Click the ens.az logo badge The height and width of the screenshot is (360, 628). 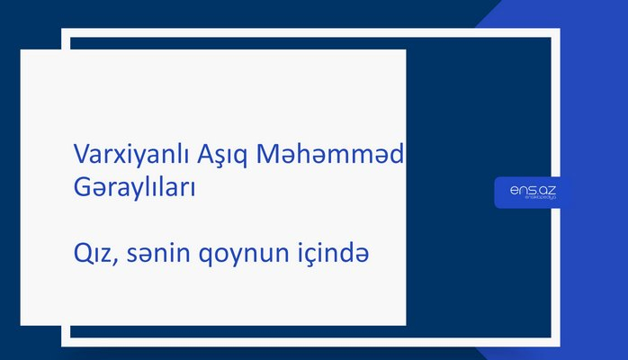[x=532, y=193]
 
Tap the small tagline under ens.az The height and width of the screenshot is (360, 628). [x=533, y=200]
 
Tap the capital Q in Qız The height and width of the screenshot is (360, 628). [x=79, y=256]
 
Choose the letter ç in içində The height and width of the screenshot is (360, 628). [x=316, y=258]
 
